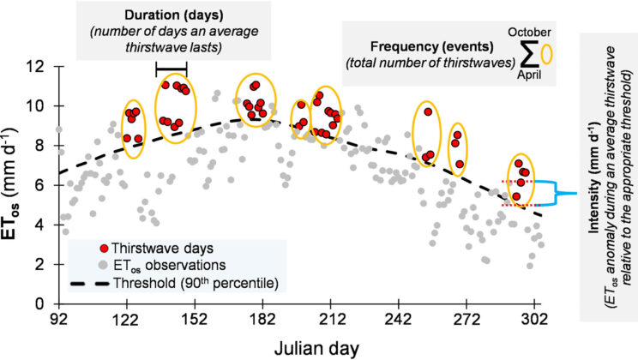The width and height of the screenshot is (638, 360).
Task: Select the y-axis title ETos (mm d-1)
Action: pyautogui.click(x=16, y=184)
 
